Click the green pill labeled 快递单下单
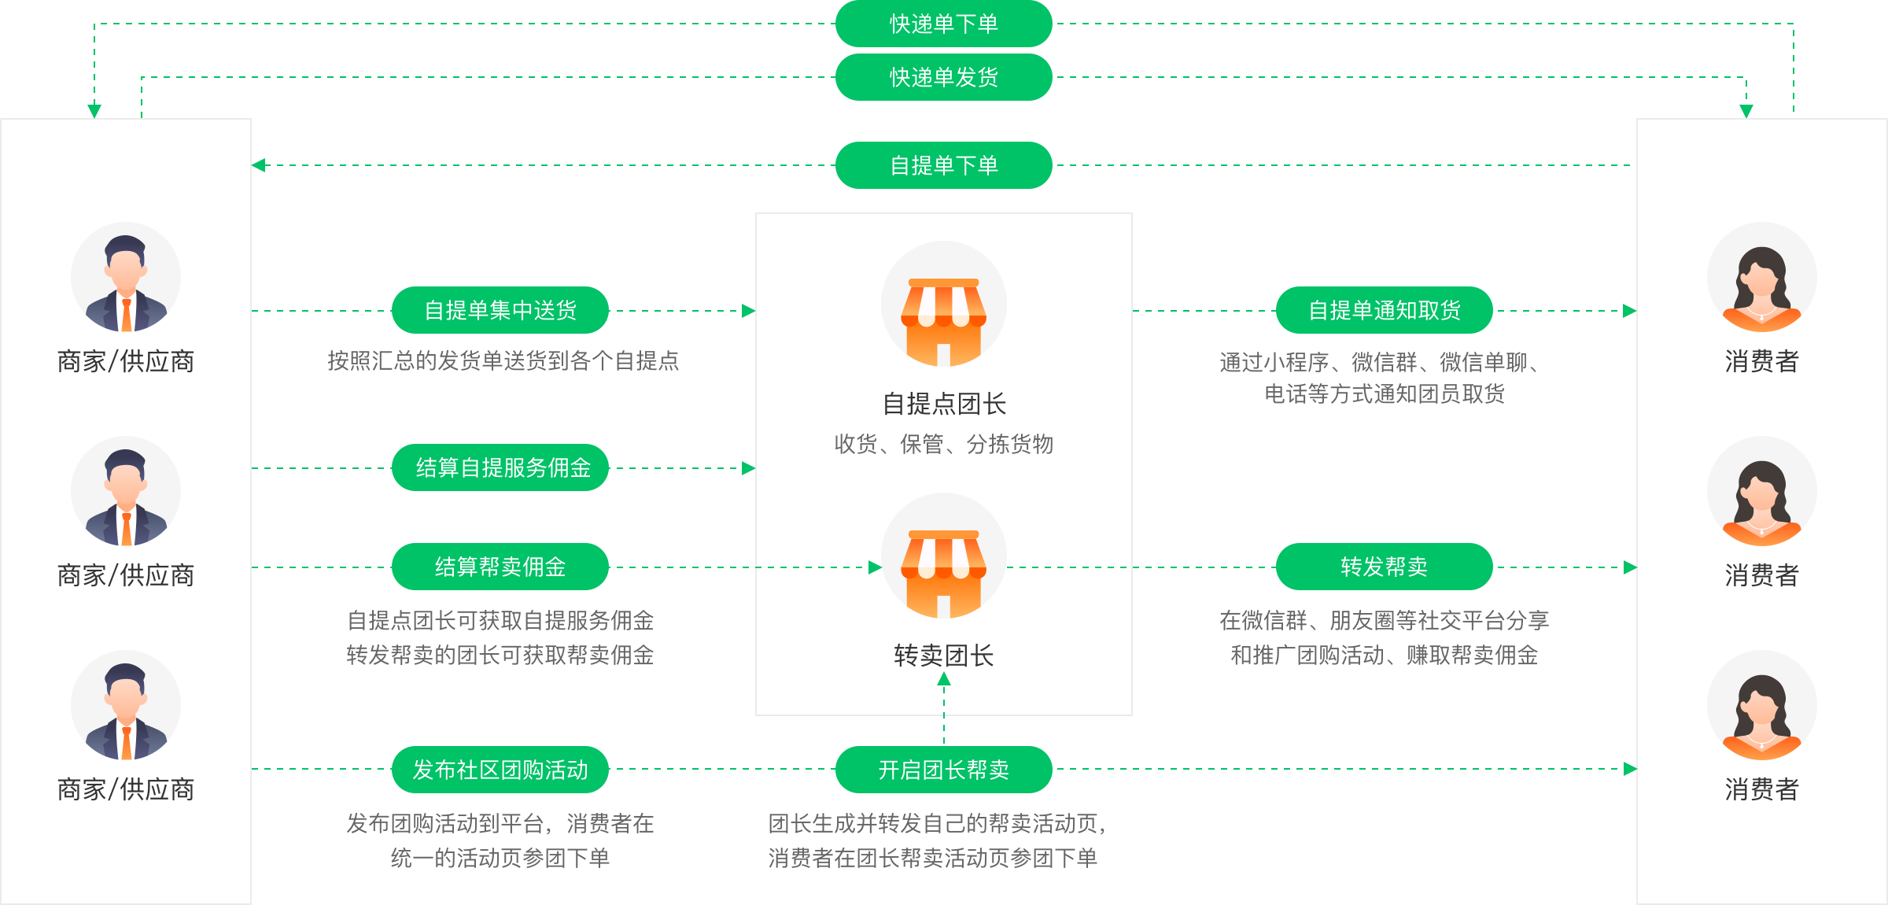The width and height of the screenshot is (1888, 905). click(x=943, y=24)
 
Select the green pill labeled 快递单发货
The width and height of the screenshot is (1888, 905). click(x=943, y=77)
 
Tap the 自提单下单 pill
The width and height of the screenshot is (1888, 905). click(x=943, y=165)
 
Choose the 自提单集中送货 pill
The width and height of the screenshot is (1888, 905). click(x=500, y=310)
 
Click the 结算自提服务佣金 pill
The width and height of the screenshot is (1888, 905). click(x=500, y=467)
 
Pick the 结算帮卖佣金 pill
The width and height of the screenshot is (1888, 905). click(x=500, y=567)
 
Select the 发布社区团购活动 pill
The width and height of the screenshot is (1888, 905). click(x=500, y=770)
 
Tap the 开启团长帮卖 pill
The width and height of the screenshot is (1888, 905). click(x=943, y=770)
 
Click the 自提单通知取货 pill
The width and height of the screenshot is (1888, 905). click(x=1384, y=310)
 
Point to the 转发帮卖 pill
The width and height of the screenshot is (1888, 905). click(x=1384, y=567)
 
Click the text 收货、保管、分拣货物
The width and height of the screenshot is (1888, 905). click(x=943, y=445)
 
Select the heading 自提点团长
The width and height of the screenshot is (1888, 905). click(x=943, y=404)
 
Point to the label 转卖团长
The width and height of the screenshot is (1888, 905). click(x=943, y=656)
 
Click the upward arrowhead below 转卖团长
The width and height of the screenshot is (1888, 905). click(x=944, y=680)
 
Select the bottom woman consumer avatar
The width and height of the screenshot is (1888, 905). click(x=1761, y=706)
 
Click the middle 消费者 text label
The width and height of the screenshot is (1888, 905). click(x=1761, y=575)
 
